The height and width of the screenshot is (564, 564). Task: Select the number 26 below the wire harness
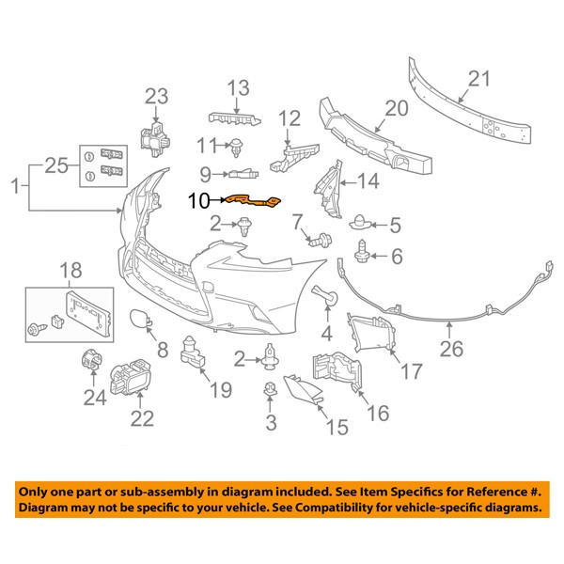click(x=451, y=352)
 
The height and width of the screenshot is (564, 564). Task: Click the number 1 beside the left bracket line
click(x=13, y=189)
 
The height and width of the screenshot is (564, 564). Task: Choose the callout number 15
click(x=335, y=428)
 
